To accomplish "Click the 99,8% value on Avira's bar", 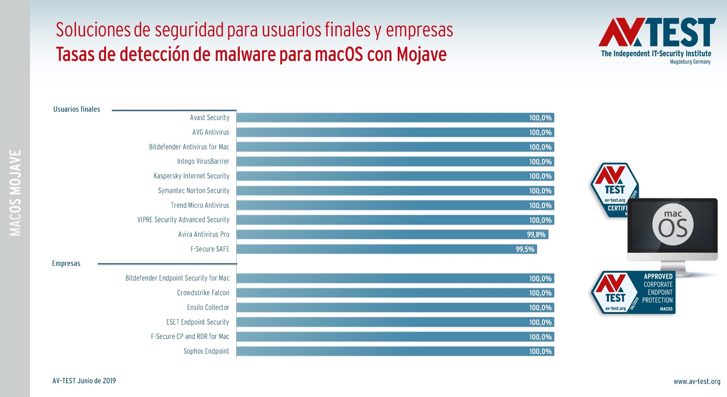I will coord(536,235).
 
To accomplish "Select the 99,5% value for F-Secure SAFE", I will coord(525,249).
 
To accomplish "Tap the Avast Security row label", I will coord(210,117).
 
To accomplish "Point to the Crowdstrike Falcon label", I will coord(203,293).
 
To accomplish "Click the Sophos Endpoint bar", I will coord(395,351).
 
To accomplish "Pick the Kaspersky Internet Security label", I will coord(191,176).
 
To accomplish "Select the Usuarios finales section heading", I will coord(77,109).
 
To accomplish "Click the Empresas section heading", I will coord(66,263).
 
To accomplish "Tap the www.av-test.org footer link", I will coord(697,382).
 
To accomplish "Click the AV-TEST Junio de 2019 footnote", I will coord(84,381).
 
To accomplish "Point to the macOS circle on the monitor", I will coord(673,225).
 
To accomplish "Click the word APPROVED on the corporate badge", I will coord(658,276).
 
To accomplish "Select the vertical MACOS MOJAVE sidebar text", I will coord(15,193).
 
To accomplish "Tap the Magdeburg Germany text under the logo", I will coord(690,62).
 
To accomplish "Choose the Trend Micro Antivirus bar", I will coord(395,205).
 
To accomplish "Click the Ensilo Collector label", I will coord(208,307).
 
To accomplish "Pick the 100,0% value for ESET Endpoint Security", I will coord(540,322).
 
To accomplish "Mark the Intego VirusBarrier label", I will coord(203,161).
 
